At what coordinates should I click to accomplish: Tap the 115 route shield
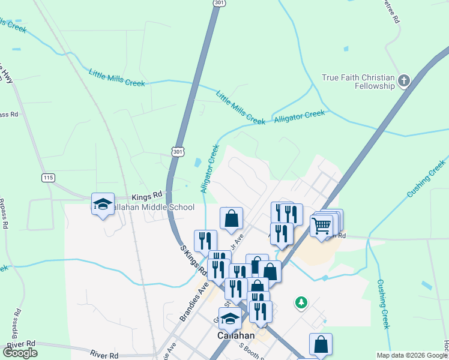(x=49, y=178)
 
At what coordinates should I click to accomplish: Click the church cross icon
(x=405, y=80)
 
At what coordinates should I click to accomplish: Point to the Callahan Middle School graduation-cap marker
(x=103, y=204)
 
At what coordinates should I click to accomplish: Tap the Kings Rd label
(x=147, y=196)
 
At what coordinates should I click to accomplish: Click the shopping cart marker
(x=322, y=226)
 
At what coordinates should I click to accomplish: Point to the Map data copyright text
(x=412, y=355)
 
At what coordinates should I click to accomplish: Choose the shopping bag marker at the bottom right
(x=321, y=344)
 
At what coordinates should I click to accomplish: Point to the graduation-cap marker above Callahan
(x=230, y=319)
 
